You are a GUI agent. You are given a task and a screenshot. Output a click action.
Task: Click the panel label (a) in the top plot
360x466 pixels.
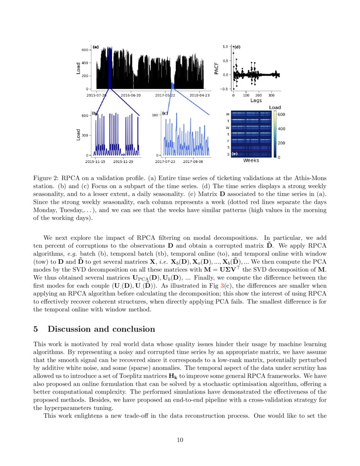pyautogui.click(x=96, y=47)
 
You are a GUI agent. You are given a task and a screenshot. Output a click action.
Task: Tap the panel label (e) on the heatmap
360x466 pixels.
pyautogui.click(x=234, y=154)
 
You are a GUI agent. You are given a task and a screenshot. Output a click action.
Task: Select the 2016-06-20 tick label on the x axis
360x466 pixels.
pyautogui.click(x=131, y=95)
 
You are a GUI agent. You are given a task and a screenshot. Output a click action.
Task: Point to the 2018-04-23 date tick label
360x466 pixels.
pyautogui.click(x=200, y=95)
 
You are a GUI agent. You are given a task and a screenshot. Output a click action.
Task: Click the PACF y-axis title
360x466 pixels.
pyautogui.click(x=216, y=67)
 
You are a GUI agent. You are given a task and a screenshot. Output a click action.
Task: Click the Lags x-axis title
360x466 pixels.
pyautogui.click(x=256, y=101)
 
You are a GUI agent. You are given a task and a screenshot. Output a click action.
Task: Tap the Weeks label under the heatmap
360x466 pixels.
pyautogui.click(x=251, y=161)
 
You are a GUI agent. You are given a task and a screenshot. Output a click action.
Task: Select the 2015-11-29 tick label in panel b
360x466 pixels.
pyautogui.click(x=123, y=161)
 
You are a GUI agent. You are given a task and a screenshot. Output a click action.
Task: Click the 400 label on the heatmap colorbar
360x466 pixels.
pyautogui.click(x=281, y=129)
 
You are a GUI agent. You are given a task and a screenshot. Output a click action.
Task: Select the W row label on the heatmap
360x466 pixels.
pyautogui.click(x=228, y=128)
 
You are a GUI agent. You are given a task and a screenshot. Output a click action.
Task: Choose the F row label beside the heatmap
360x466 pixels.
pyautogui.click(x=228, y=141)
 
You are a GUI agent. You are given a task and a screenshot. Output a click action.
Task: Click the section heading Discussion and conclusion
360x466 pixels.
pyautogui.click(x=101, y=329)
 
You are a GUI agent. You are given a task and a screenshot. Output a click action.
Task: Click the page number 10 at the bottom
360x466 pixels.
pyautogui.click(x=180, y=440)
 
